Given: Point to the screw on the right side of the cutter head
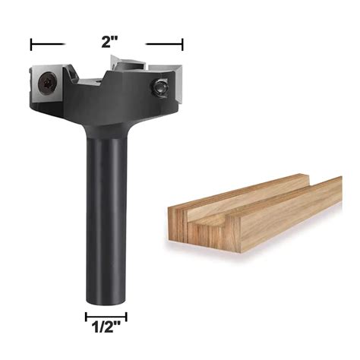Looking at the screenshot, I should pos(160,87).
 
